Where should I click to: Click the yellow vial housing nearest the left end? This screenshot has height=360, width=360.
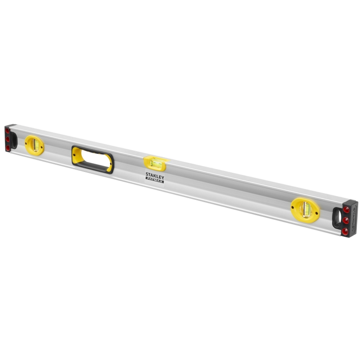pos(34,145)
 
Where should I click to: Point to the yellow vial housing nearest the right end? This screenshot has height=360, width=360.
pos(305,209)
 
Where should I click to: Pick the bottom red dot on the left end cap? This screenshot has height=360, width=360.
pos(8,147)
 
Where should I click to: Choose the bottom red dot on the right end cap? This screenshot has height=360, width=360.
pos(345,231)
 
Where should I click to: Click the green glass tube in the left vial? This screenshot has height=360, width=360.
pos(34,145)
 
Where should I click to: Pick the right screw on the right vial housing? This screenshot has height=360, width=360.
pos(317,211)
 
